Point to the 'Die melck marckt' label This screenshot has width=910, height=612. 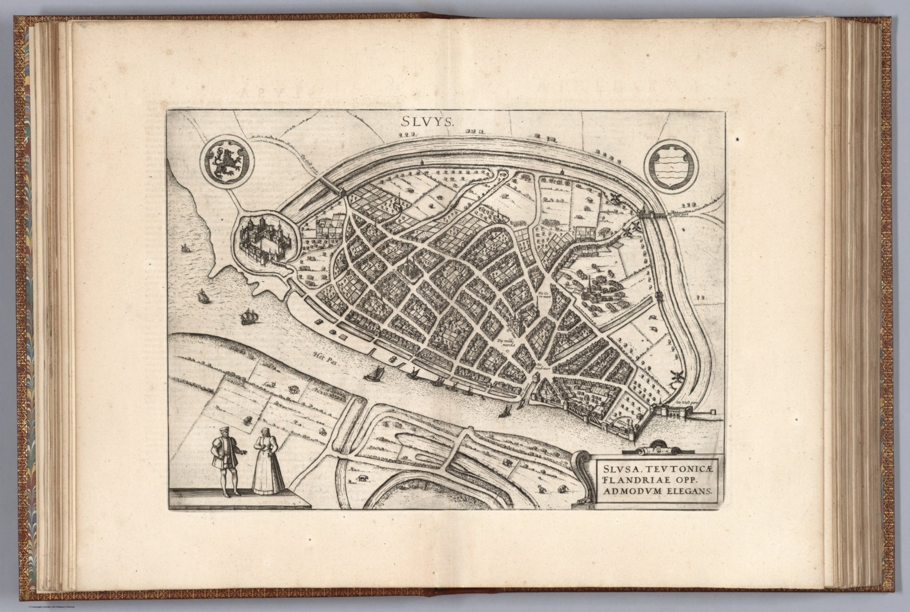coord(508,342)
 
